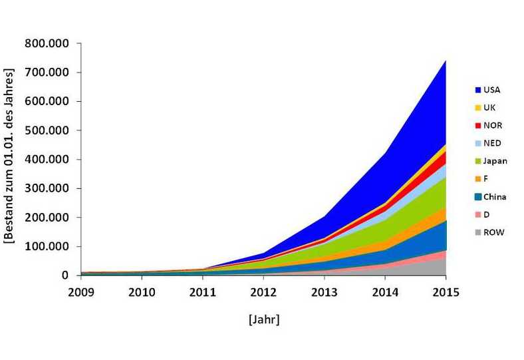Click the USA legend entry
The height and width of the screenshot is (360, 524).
[x=487, y=90]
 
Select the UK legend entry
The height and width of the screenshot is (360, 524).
[x=485, y=108]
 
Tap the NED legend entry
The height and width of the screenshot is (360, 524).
[x=488, y=143]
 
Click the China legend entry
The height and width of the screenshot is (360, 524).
[x=491, y=197]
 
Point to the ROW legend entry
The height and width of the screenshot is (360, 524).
[x=489, y=232]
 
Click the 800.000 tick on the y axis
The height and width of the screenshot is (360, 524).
[x=47, y=43]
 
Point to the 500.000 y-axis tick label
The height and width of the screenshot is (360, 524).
[x=47, y=130]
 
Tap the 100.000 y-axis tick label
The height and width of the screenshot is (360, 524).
[x=47, y=246]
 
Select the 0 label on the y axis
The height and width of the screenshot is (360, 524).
[x=65, y=275]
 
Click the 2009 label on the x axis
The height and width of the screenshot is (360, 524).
[x=81, y=293]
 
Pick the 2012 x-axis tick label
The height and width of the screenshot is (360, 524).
[x=263, y=293]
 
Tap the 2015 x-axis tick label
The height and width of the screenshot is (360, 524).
[x=446, y=293]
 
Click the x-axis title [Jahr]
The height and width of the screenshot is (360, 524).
[x=264, y=319]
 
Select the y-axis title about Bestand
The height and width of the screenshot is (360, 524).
[x=9, y=156]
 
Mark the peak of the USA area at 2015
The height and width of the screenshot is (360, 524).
[x=446, y=61]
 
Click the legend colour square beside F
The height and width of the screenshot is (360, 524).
[x=478, y=179]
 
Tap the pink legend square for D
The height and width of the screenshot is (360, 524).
[x=478, y=214]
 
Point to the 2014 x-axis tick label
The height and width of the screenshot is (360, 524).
[x=385, y=293]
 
